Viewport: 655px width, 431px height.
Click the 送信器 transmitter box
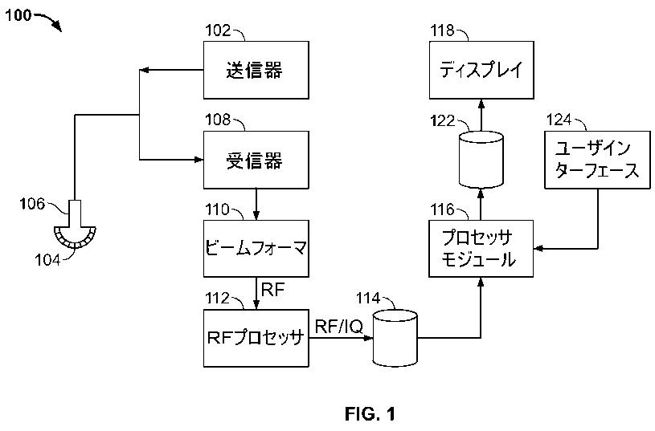click(x=255, y=71)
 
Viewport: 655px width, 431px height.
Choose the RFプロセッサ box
click(x=255, y=338)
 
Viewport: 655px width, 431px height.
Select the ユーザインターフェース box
click(x=598, y=160)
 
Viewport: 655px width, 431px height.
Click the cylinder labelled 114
click(x=396, y=340)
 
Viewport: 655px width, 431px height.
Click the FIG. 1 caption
click(x=370, y=414)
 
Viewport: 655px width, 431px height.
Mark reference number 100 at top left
click(x=18, y=14)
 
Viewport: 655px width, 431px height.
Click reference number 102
click(x=217, y=31)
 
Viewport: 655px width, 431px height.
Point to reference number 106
click(x=33, y=204)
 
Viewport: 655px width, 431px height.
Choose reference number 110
click(x=217, y=209)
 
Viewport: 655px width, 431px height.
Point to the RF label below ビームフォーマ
click(x=274, y=290)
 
